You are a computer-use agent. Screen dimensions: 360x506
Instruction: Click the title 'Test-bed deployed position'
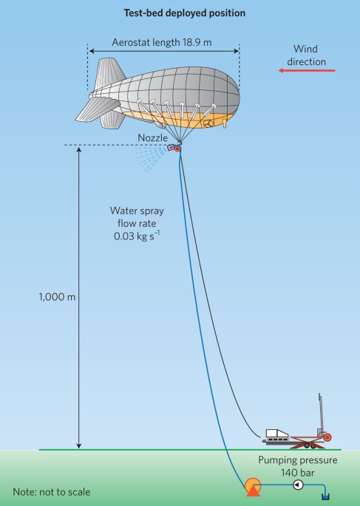[184, 13]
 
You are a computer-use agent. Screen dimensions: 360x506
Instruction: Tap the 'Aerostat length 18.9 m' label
[162, 42]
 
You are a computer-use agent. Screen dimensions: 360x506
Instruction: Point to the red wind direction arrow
[307, 70]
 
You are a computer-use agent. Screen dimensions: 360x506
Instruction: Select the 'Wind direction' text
[306, 55]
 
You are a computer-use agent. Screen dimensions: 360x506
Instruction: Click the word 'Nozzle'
[153, 138]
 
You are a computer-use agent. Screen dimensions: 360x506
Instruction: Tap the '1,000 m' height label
[57, 297]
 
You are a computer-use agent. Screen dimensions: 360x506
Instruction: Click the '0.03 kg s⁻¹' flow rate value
[137, 236]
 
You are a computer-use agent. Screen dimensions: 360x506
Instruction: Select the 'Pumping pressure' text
[298, 460]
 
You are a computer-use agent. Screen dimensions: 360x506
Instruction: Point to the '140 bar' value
[297, 473]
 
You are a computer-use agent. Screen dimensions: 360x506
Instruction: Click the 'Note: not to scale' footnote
[52, 492]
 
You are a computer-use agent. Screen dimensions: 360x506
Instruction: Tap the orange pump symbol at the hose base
[253, 487]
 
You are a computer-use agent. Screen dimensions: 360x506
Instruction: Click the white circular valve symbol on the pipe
[298, 485]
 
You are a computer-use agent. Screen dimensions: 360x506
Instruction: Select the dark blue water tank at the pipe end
[325, 496]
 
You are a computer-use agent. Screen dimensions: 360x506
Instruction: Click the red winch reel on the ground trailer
[327, 437]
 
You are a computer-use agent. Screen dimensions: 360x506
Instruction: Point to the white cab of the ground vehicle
[276, 433]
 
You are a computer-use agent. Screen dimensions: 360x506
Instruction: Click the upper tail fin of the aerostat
[109, 73]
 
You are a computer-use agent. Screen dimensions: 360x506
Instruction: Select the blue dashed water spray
[151, 159]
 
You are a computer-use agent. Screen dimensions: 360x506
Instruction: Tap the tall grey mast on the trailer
[320, 414]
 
